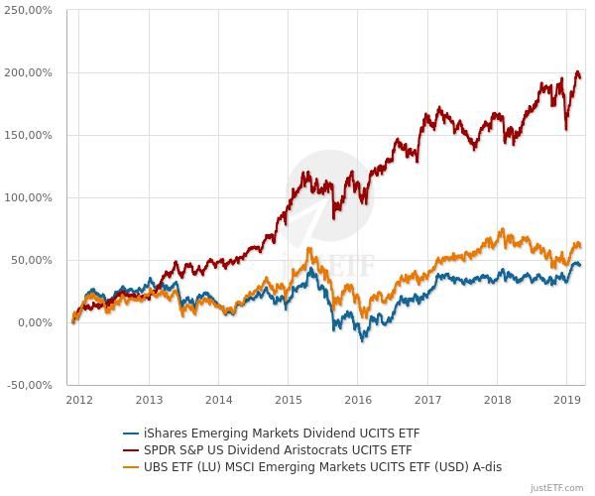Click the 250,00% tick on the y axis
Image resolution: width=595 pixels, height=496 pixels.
click(28, 10)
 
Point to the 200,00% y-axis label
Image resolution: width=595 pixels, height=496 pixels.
click(28, 72)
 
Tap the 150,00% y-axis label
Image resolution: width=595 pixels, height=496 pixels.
click(28, 135)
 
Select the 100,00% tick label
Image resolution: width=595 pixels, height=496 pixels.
click(28, 197)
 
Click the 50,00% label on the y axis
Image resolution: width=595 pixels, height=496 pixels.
click(31, 260)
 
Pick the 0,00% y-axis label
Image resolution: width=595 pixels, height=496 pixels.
click(34, 322)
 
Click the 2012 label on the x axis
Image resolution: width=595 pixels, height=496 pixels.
click(79, 400)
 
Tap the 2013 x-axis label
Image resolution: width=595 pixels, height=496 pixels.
click(149, 400)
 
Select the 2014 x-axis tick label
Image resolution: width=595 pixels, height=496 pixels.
click(218, 400)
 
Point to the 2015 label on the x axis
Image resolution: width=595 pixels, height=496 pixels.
click(288, 400)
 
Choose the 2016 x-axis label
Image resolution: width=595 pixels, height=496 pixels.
click(358, 400)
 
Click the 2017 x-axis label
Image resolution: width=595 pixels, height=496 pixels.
click(427, 400)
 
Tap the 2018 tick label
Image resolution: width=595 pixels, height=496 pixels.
click(497, 400)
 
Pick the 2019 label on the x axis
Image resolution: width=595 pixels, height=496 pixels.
click(566, 400)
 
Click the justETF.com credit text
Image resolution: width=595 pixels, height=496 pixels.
click(558, 488)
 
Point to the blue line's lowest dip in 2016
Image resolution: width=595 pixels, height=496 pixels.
click(363, 340)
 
